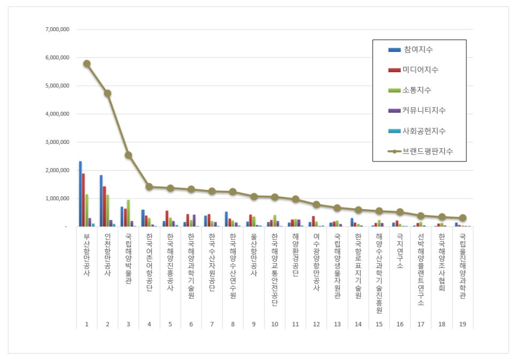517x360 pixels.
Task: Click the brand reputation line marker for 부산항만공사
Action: (x=87, y=64)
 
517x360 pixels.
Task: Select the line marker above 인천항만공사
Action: (x=108, y=93)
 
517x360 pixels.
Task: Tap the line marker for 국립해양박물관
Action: (x=128, y=155)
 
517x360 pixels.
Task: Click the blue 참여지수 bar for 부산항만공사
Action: (x=80, y=194)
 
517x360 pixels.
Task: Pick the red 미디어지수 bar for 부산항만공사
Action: (x=83, y=200)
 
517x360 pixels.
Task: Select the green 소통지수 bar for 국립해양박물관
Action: (x=128, y=213)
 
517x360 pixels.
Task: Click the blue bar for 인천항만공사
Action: (x=101, y=201)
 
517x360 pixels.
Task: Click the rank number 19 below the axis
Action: (x=463, y=324)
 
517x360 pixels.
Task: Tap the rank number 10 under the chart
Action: (x=275, y=324)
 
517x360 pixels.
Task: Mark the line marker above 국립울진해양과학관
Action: (x=463, y=218)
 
